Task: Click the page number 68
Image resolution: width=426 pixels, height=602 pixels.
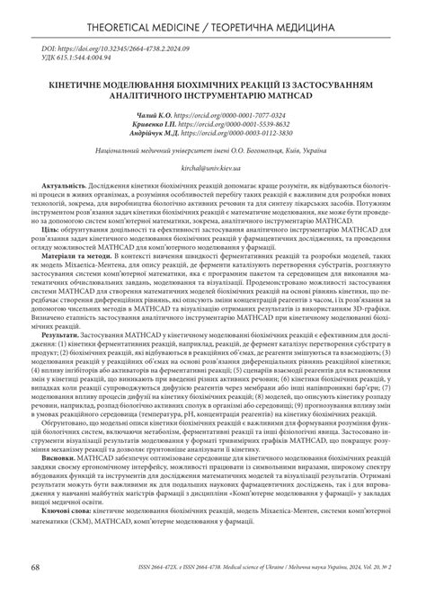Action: pyautogui.click(x=34, y=593)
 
